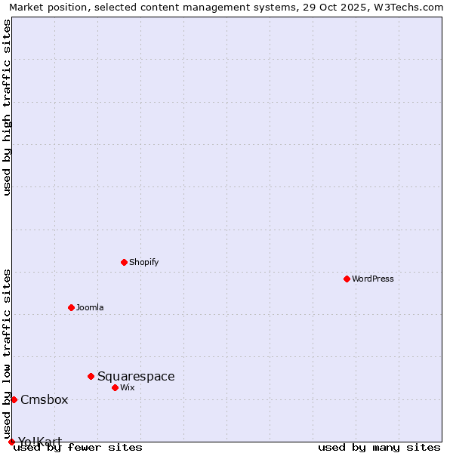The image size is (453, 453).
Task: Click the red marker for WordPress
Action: tap(347, 279)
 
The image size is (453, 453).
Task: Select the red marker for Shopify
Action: tap(124, 262)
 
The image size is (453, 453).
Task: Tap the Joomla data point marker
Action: tap(71, 307)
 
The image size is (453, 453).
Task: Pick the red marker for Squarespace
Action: tap(91, 376)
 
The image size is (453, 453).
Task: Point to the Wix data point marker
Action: tap(115, 387)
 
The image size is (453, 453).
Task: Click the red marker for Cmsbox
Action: tap(14, 399)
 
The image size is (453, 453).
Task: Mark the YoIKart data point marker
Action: tap(11, 442)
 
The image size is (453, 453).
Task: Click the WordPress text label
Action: tap(373, 279)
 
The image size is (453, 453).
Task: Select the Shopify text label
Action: tap(143, 262)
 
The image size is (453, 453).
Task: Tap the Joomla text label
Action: tap(90, 307)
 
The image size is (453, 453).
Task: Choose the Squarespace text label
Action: tap(136, 376)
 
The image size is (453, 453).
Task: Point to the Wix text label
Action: tap(128, 387)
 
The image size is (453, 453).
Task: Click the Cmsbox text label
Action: tap(44, 399)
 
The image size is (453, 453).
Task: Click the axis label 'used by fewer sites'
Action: tap(78, 447)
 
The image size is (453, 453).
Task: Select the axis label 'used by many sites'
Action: tap(379, 447)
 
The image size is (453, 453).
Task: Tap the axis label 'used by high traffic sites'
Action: tap(7, 107)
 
